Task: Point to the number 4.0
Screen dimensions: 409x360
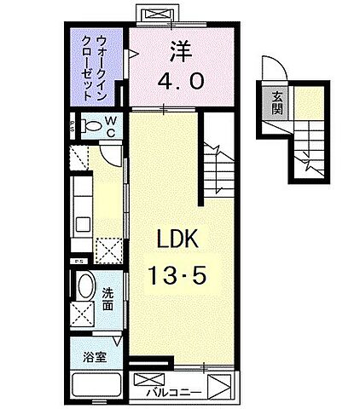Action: pyautogui.click(x=180, y=83)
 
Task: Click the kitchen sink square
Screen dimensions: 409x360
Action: pyautogui.click(x=83, y=224)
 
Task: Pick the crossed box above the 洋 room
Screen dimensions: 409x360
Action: pyautogui.click(x=156, y=14)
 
